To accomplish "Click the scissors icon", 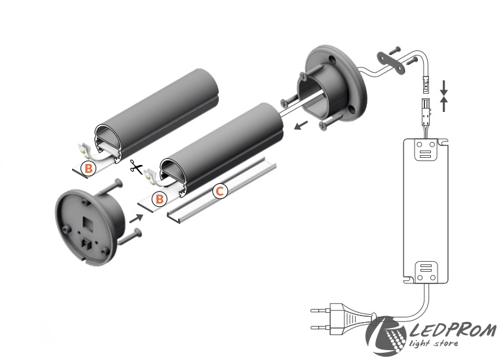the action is click(x=137, y=167).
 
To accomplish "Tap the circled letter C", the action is click(x=220, y=191).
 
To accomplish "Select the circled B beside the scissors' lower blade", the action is click(x=159, y=199).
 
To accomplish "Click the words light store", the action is click(x=434, y=344).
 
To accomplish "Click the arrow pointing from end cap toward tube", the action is click(x=136, y=218).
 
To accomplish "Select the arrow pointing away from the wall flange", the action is click(x=301, y=125).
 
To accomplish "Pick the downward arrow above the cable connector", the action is click(x=444, y=88).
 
